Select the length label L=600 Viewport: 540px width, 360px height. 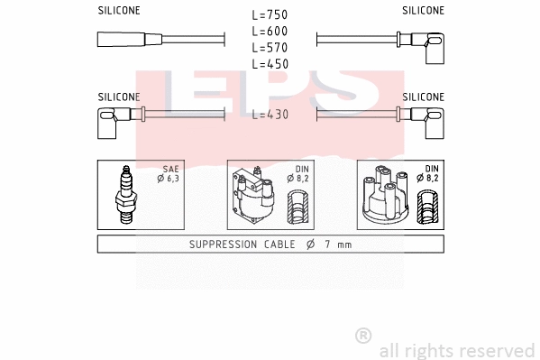(x=270, y=32)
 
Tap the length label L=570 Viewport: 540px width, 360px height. (x=270, y=47)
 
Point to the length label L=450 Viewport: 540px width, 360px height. (x=270, y=63)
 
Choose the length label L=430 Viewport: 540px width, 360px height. (x=270, y=115)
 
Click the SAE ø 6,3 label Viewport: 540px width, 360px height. (x=169, y=175)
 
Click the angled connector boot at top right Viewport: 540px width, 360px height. (x=429, y=42)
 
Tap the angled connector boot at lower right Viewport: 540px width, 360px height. (x=428, y=118)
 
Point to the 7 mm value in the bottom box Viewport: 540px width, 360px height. (x=337, y=245)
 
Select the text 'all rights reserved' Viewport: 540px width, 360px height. (x=456, y=350)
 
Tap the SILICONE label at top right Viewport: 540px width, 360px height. (x=423, y=11)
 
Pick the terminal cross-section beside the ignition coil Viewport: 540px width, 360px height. (x=297, y=209)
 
